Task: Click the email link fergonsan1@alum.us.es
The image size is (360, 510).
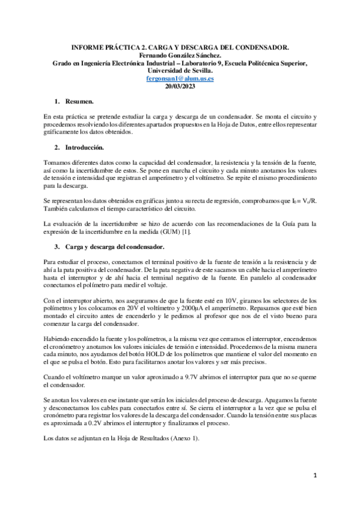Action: click(x=180, y=78)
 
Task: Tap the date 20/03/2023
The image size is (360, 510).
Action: click(x=180, y=86)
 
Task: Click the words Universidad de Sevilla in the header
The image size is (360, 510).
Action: click(x=180, y=70)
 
